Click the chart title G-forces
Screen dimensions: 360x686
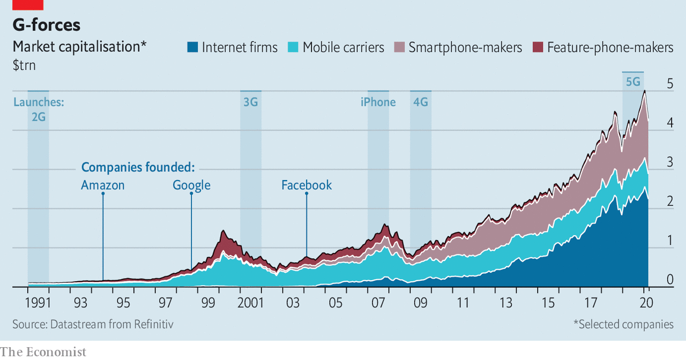(47, 25)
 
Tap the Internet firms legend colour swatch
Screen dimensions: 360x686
(192, 47)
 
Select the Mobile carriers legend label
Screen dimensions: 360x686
(343, 47)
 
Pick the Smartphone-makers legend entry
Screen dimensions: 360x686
(465, 47)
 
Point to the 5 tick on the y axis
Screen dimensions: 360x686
(655, 84)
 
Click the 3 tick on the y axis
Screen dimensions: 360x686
(655, 162)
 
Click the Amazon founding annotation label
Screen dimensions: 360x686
(103, 185)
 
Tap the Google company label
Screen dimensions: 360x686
(191, 185)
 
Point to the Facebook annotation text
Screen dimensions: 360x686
(307, 185)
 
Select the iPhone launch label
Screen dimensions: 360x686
(378, 102)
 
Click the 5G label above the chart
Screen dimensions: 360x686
(633, 82)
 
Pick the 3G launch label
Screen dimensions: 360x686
(250, 102)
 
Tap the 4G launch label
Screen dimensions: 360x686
(421, 102)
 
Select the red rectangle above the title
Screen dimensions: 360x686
(28, 5)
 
